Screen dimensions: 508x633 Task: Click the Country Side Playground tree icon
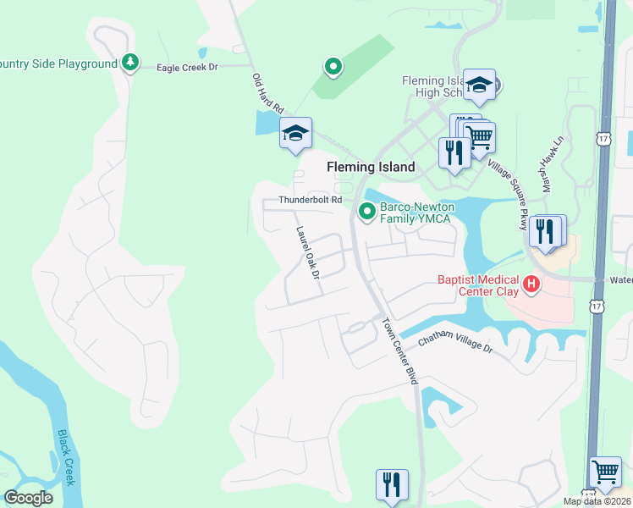pyautogui.click(x=129, y=63)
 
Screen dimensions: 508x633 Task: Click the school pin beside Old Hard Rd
pyautogui.click(x=295, y=134)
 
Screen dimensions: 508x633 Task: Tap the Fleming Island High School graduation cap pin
pyautogui.click(x=479, y=85)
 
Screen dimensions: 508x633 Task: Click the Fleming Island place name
pyautogui.click(x=371, y=167)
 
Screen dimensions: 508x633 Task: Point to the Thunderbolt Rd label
pyautogui.click(x=311, y=200)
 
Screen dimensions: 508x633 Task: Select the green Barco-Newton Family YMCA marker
pyautogui.click(x=367, y=211)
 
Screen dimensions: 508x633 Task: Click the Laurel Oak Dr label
pyautogui.click(x=306, y=252)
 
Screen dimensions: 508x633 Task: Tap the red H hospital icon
pyautogui.click(x=531, y=284)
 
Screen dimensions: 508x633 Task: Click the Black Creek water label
pyautogui.click(x=66, y=457)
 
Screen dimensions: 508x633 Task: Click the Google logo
pyautogui.click(x=28, y=498)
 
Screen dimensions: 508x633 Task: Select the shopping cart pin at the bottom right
pyautogui.click(x=605, y=472)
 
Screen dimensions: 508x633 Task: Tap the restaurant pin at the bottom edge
pyautogui.click(x=392, y=485)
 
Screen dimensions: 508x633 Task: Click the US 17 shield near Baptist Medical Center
pyautogui.click(x=598, y=305)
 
